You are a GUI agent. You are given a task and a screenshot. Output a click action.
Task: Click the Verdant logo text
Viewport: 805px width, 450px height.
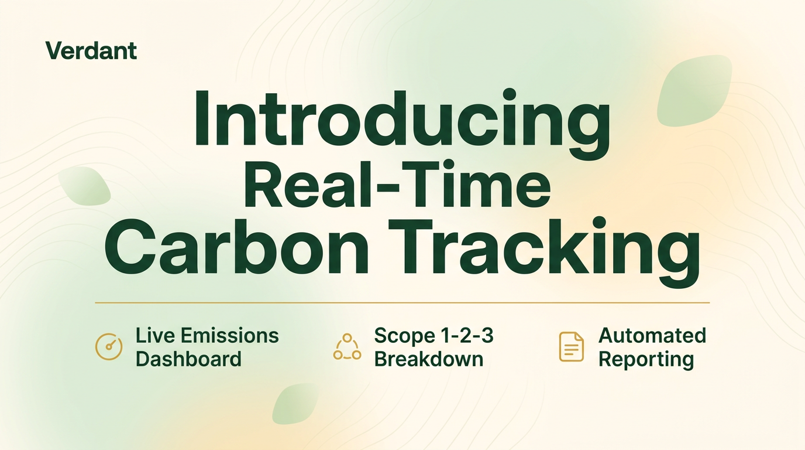[x=91, y=51]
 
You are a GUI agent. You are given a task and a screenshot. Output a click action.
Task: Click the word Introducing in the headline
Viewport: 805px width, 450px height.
[x=402, y=120]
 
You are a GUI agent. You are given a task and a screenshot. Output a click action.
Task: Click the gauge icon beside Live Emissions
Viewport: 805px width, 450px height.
[x=109, y=346]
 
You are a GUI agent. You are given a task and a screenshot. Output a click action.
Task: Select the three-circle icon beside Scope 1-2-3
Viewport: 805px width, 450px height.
[x=347, y=346]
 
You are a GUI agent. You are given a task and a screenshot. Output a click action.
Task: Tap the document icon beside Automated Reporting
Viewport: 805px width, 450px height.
[x=571, y=346]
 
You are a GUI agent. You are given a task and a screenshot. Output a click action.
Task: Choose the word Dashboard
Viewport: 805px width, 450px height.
[x=188, y=359]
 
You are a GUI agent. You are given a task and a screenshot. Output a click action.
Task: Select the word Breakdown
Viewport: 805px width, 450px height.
[x=429, y=359]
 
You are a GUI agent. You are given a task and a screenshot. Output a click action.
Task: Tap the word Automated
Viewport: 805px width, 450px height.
[x=652, y=336]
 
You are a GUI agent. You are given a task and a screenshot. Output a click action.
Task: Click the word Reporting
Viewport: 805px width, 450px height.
[x=646, y=359]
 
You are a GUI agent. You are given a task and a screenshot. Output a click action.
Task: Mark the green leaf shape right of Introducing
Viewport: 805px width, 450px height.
[x=694, y=90]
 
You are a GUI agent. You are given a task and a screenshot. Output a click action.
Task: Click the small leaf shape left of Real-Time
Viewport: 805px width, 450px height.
[x=85, y=186]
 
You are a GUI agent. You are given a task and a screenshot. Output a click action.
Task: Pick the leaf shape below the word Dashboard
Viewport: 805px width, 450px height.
[x=295, y=404]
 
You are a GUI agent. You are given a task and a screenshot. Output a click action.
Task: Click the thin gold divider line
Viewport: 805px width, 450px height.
[x=402, y=303]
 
